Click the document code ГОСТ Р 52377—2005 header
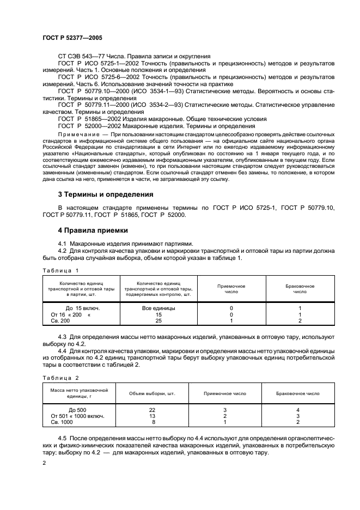[x=72, y=38]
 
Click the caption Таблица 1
[x=61, y=270]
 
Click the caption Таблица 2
[x=61, y=378]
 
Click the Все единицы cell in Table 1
[x=158, y=308]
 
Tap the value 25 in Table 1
[x=158, y=321]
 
